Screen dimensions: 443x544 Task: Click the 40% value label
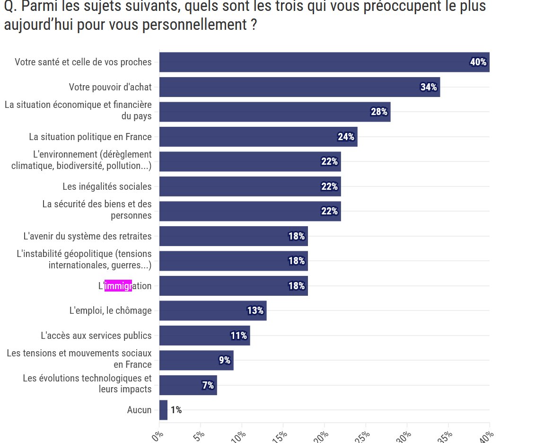(478, 62)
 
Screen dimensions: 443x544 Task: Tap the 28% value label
(379, 112)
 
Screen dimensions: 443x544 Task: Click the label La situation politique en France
(90, 137)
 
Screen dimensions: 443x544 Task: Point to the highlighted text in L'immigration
(118, 286)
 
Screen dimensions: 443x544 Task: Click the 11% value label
(238, 336)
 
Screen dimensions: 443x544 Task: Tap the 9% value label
(225, 360)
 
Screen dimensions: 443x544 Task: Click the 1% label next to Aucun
(176, 410)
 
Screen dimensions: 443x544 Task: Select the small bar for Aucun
(163, 410)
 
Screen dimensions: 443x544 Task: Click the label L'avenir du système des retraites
(88, 236)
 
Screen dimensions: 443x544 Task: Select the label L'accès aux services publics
(96, 336)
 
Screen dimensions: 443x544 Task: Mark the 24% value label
(346, 137)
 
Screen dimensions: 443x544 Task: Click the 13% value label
(255, 310)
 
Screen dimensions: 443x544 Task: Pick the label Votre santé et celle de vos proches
(83, 62)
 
